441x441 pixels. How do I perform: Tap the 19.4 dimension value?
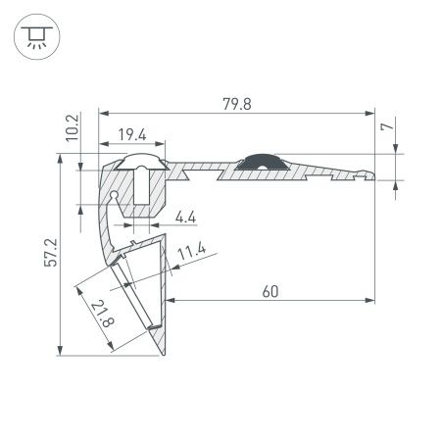pyautogui.click(x=135, y=133)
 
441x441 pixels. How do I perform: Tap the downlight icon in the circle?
pyautogui.click(x=35, y=36)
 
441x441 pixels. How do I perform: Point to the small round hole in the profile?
pyautogui.click(x=116, y=196)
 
